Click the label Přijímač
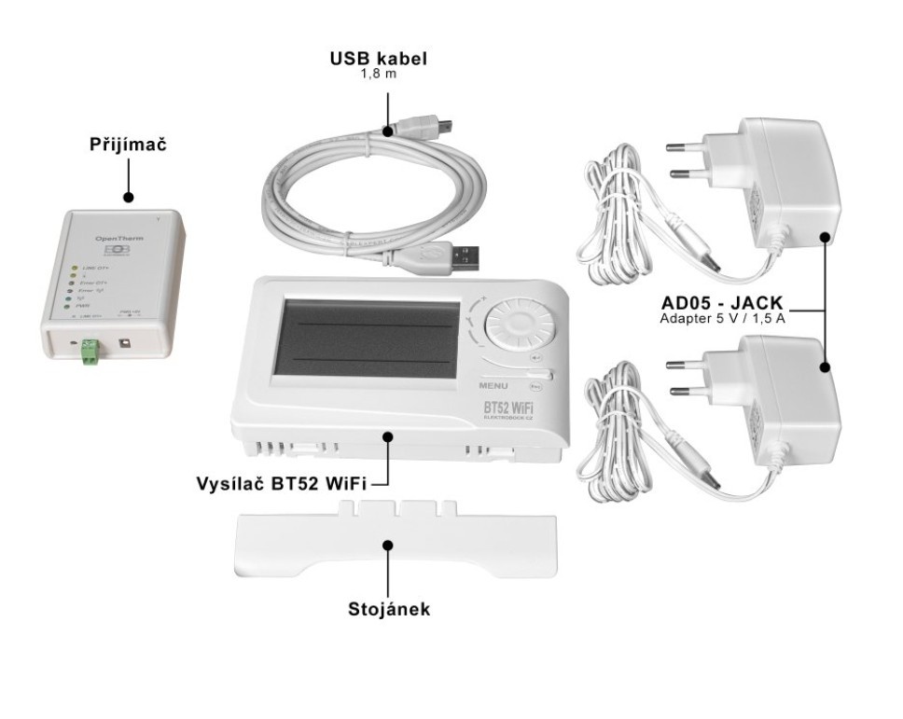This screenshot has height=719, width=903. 128,145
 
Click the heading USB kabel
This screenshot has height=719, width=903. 378,59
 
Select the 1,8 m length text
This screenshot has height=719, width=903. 378,74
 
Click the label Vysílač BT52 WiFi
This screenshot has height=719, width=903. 282,485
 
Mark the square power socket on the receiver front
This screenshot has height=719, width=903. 126,344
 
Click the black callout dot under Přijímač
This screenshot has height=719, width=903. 129,197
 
